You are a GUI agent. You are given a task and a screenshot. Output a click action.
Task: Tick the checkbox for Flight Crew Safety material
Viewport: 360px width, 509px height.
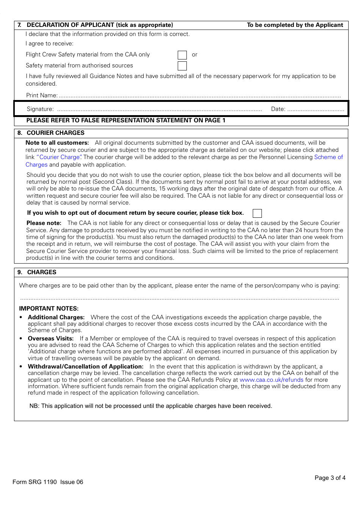click(182, 55)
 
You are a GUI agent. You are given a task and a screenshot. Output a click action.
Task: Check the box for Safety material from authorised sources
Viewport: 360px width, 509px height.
click(182, 66)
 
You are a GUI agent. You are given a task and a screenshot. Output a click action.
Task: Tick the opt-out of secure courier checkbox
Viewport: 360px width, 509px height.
click(257, 213)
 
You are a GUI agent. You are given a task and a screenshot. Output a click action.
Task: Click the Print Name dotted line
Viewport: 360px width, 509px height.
click(200, 96)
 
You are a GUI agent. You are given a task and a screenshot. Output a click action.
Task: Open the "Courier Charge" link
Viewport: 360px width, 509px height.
click(59, 157)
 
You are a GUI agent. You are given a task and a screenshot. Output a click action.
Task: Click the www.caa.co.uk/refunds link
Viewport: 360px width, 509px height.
click(271, 380)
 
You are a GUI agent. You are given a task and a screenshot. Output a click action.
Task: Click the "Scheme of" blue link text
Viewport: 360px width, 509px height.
click(328, 157)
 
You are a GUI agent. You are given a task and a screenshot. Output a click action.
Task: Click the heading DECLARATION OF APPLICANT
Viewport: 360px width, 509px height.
click(100, 25)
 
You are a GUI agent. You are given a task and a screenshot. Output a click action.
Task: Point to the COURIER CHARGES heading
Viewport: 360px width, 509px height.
click(55, 133)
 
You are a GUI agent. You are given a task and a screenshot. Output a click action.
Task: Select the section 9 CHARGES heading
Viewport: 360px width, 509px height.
click(42, 272)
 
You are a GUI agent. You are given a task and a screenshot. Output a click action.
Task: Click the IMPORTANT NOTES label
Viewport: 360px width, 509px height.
click(49, 309)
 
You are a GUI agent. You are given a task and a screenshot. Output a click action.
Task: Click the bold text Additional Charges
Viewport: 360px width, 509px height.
click(56, 317)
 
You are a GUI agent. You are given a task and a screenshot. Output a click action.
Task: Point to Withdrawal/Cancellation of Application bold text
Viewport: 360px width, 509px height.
click(86, 367)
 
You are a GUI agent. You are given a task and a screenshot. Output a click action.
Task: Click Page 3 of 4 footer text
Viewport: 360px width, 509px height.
click(330, 478)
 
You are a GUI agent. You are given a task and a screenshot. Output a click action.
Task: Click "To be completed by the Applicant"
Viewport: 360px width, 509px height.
click(295, 25)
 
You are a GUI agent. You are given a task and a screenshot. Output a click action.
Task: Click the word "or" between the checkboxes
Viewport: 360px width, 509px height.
click(194, 55)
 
